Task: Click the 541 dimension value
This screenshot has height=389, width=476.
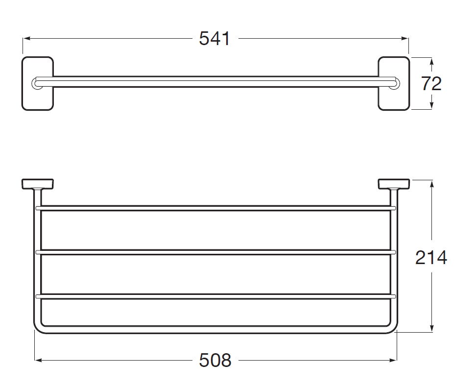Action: (x=214, y=39)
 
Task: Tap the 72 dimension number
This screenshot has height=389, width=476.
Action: (x=431, y=84)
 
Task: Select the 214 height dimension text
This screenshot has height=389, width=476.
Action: (x=431, y=258)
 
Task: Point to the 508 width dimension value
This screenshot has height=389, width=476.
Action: (x=215, y=361)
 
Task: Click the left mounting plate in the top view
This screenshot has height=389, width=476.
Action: (x=38, y=83)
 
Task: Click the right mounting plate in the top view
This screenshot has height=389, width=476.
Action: (x=394, y=83)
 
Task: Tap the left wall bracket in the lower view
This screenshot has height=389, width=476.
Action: (x=38, y=184)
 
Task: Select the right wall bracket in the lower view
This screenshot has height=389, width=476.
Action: (x=394, y=184)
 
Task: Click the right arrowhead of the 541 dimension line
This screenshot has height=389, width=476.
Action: (x=405, y=39)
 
